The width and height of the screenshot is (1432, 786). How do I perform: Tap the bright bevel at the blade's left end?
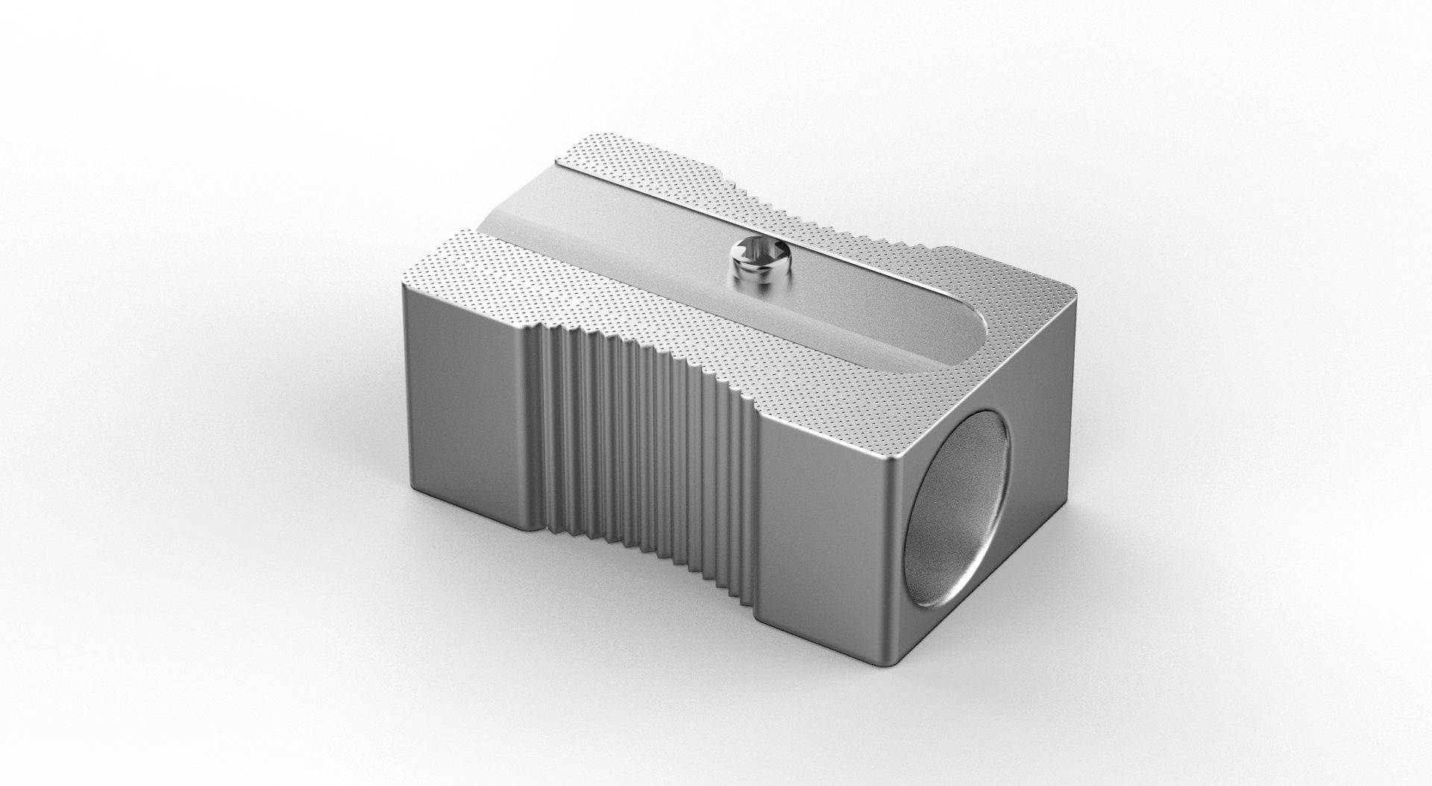pos(507,216)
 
